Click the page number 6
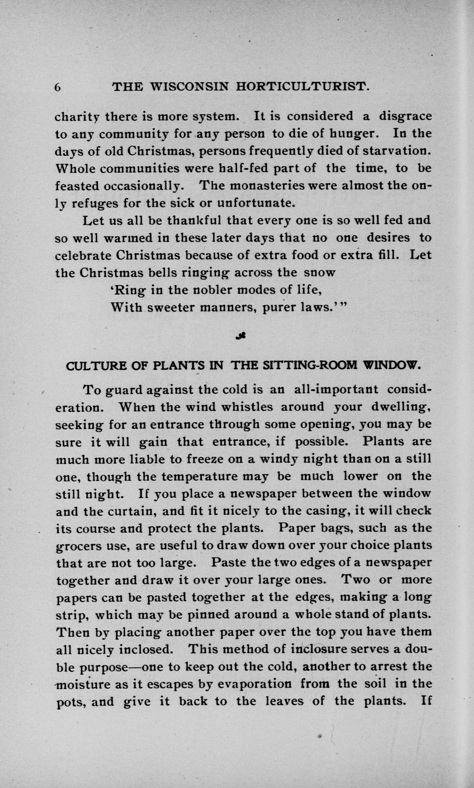58,87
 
